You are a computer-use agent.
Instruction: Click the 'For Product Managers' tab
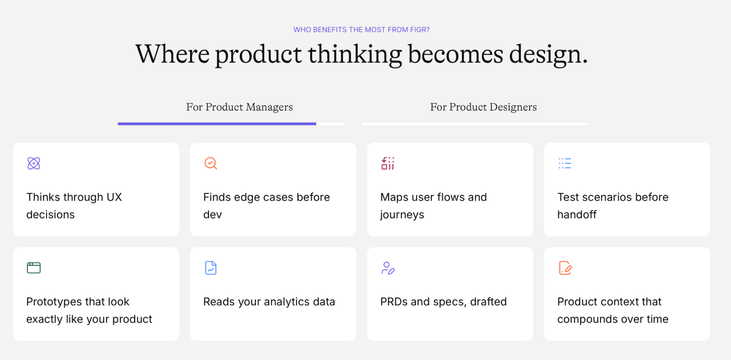coord(240,107)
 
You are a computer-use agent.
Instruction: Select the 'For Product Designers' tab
coord(483,107)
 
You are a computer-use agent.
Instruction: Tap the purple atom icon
coord(34,163)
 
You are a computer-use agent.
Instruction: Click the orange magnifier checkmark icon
coord(211,163)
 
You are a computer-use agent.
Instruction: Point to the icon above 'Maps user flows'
coord(388,163)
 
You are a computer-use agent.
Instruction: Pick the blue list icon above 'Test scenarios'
coord(565,163)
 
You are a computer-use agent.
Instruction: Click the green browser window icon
coord(34,268)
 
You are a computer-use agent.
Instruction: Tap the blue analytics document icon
coord(211,268)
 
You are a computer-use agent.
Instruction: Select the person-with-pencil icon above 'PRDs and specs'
coord(388,268)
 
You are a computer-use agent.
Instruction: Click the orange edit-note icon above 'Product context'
coord(565,268)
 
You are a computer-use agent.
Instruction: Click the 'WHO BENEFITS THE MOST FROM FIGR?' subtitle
coord(361,30)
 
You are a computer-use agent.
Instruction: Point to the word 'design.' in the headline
coord(548,54)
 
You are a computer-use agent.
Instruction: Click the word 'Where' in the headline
coord(173,54)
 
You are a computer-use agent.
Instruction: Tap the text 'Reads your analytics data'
coord(269,302)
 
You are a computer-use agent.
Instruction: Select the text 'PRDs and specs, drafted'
coord(444,302)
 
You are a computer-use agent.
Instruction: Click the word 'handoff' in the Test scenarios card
coord(577,215)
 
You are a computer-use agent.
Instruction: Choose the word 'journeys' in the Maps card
coord(402,215)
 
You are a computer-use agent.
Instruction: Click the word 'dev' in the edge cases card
coord(212,215)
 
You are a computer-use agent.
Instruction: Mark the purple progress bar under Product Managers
coord(217,124)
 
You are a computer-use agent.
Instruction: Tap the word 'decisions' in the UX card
coord(50,215)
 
